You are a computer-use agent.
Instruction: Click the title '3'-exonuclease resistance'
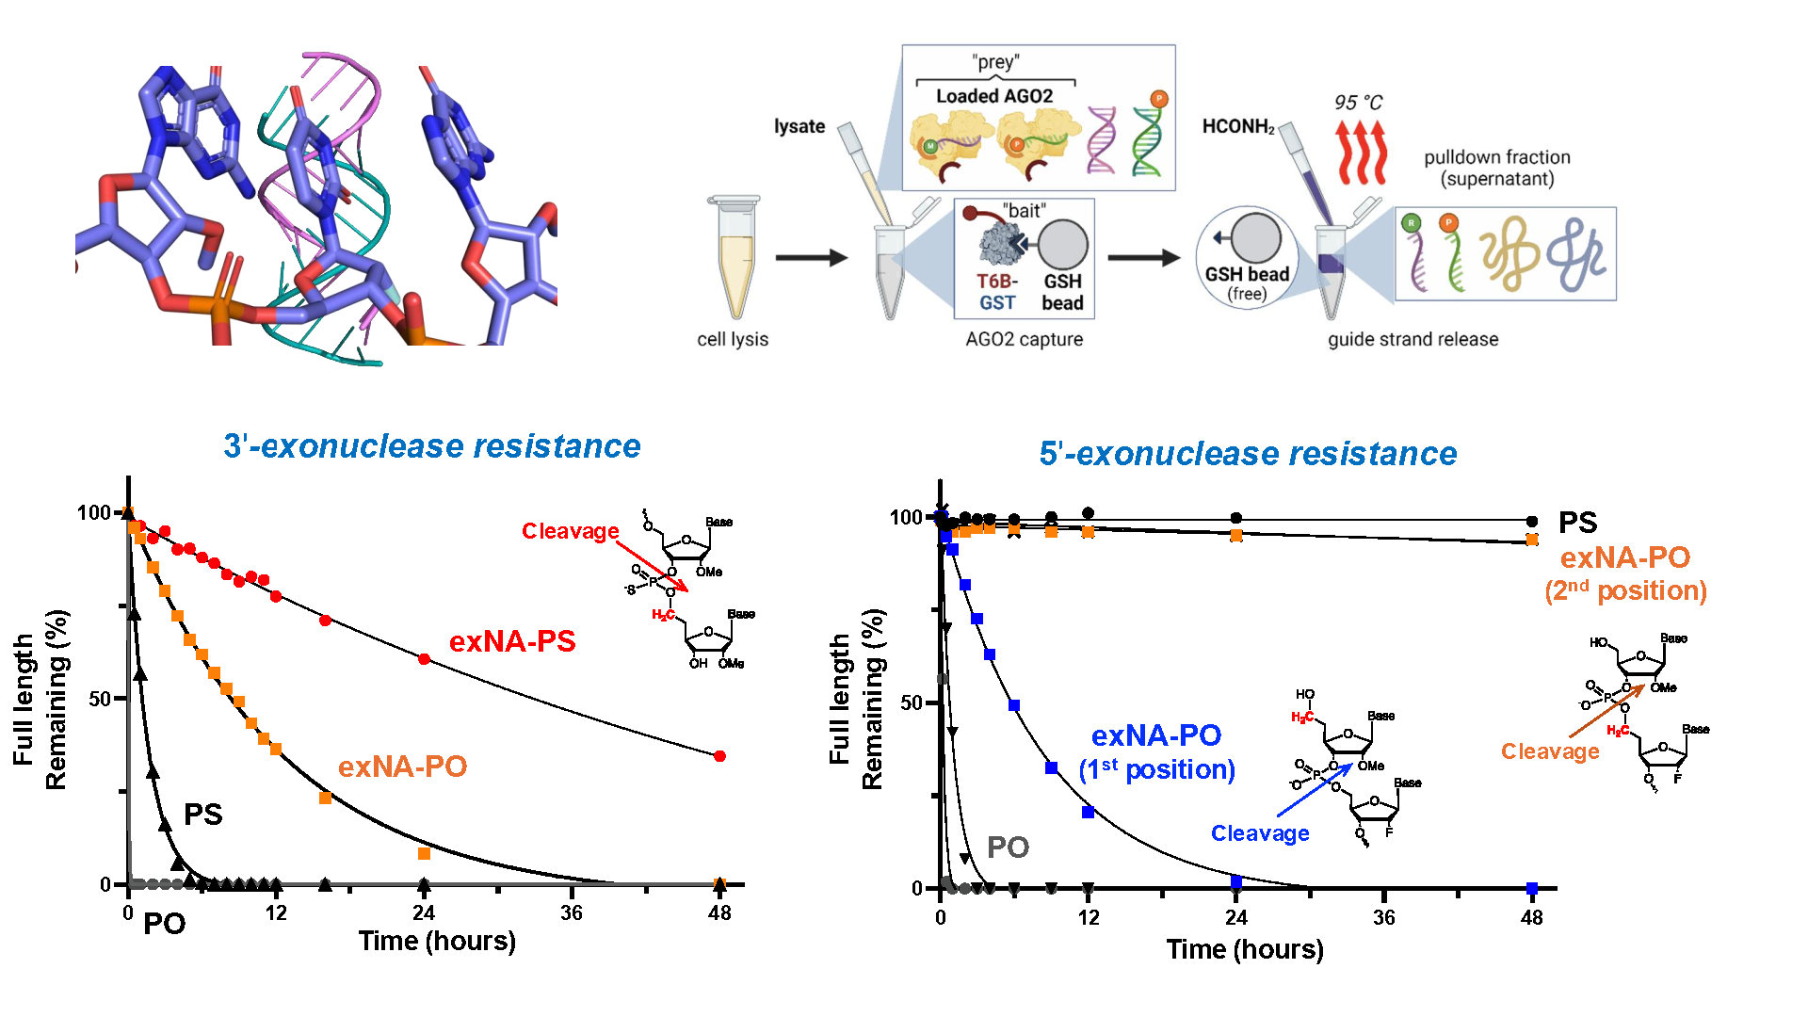coord(432,446)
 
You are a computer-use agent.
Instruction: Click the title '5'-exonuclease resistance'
coord(1248,454)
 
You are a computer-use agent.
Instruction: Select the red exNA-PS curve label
coord(512,641)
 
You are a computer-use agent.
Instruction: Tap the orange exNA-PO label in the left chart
coord(402,767)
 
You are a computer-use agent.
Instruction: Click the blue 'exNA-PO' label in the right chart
coord(1156,735)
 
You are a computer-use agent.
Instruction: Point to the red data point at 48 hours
coord(720,756)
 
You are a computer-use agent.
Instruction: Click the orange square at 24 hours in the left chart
coord(424,854)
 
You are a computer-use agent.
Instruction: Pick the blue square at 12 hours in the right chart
coord(1089,812)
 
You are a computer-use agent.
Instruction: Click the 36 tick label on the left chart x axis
coord(572,912)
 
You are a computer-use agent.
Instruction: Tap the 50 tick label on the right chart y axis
coord(911,703)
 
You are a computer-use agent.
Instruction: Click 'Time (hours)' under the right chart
coord(1245,949)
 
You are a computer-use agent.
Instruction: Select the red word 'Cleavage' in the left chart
coord(570,531)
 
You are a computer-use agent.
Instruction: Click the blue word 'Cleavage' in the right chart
coord(1260,833)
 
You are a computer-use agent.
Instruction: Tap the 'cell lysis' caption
coord(733,339)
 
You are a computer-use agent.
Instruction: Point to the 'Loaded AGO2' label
coord(994,96)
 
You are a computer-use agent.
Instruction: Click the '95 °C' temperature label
coord(1358,103)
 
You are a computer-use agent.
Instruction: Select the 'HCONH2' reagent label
coord(1238,127)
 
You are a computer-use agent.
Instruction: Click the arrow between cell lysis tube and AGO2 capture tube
coord(811,257)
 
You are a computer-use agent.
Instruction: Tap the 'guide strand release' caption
coord(1412,339)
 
